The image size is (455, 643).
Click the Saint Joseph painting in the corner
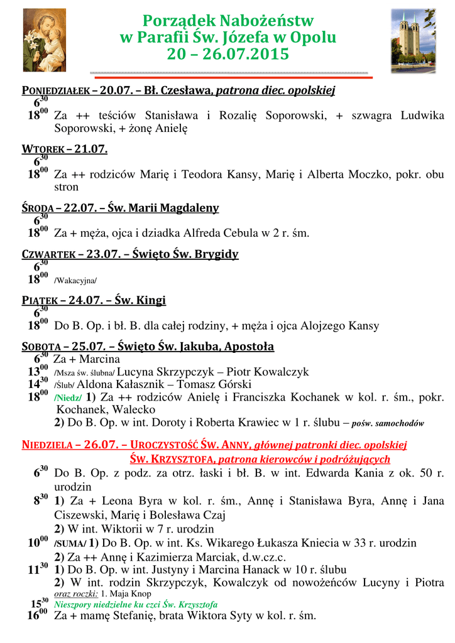(45, 40)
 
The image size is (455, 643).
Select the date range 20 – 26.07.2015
(227, 55)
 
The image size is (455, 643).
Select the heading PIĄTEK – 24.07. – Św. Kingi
(94, 300)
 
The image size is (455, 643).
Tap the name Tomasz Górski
(218, 384)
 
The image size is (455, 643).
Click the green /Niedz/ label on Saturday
(68, 397)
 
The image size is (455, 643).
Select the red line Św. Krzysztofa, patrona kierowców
(260, 459)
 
